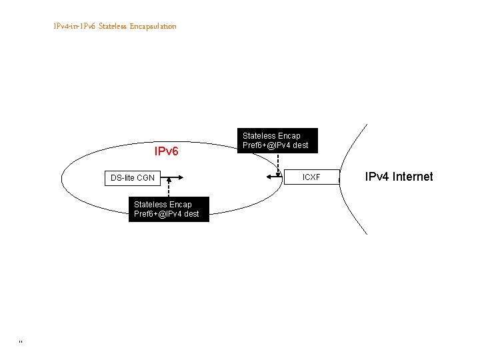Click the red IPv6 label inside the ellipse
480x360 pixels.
pyautogui.click(x=166, y=151)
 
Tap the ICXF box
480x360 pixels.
pyautogui.click(x=311, y=177)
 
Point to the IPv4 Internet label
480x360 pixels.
pyautogui.click(x=399, y=177)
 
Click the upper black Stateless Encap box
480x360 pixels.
pyautogui.click(x=275, y=141)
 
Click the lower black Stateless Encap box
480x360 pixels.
pyautogui.click(x=167, y=209)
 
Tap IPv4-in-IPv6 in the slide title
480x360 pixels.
pyautogui.click(x=75, y=26)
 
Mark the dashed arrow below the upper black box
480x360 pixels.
pyautogui.click(x=278, y=164)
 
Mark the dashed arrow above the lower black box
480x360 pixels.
pyautogui.click(x=169, y=189)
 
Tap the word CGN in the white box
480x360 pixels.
pyautogui.click(x=145, y=178)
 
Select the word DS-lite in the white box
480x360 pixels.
pyautogui.click(x=122, y=178)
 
